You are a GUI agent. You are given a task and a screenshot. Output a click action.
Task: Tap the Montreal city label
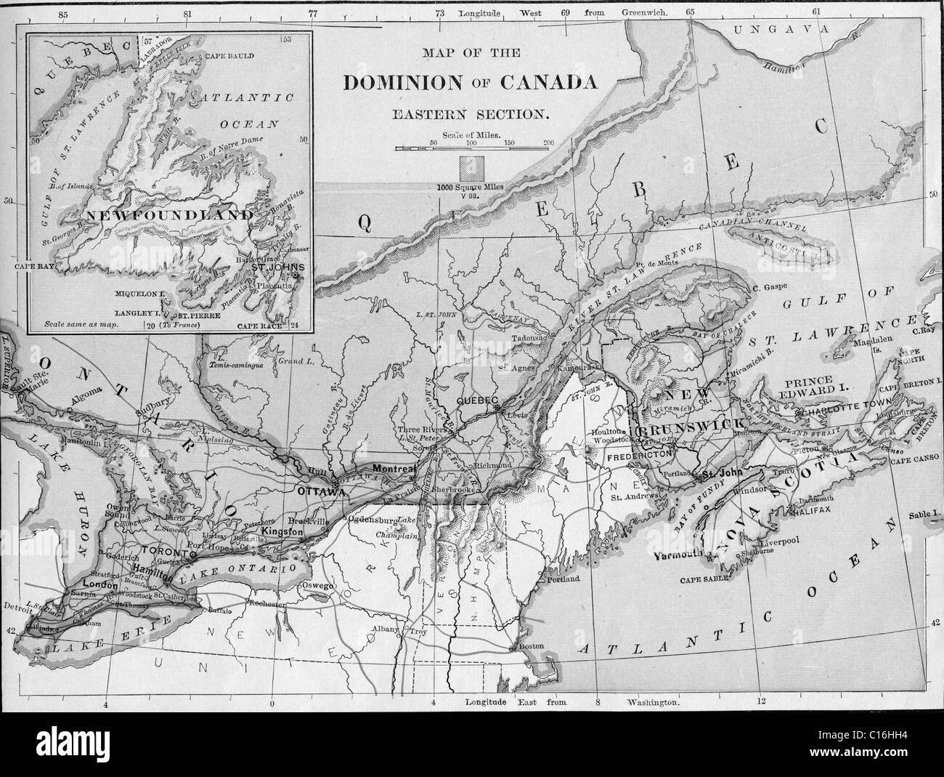(393, 470)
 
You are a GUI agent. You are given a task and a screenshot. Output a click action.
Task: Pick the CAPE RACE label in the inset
(259, 326)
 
